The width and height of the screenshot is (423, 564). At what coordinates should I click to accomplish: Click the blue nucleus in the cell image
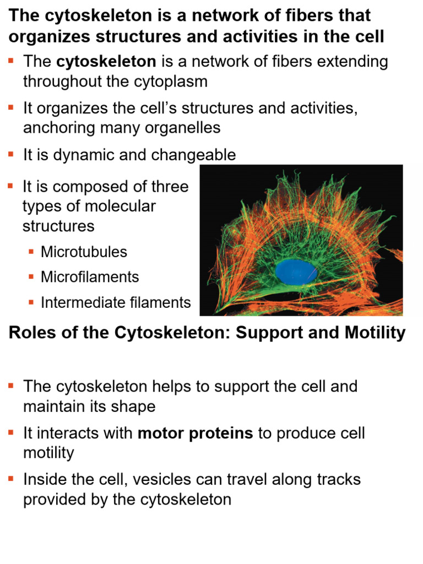click(x=296, y=272)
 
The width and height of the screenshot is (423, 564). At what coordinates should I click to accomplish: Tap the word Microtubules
click(x=84, y=252)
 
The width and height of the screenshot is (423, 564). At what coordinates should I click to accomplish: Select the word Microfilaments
click(x=90, y=276)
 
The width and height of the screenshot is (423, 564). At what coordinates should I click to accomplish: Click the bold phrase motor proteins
click(x=195, y=433)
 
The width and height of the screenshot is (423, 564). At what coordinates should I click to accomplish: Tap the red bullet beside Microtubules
click(x=31, y=252)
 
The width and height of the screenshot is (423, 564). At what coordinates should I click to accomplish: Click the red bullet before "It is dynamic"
click(x=11, y=155)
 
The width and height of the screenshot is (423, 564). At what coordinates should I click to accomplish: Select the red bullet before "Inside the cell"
click(x=11, y=479)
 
